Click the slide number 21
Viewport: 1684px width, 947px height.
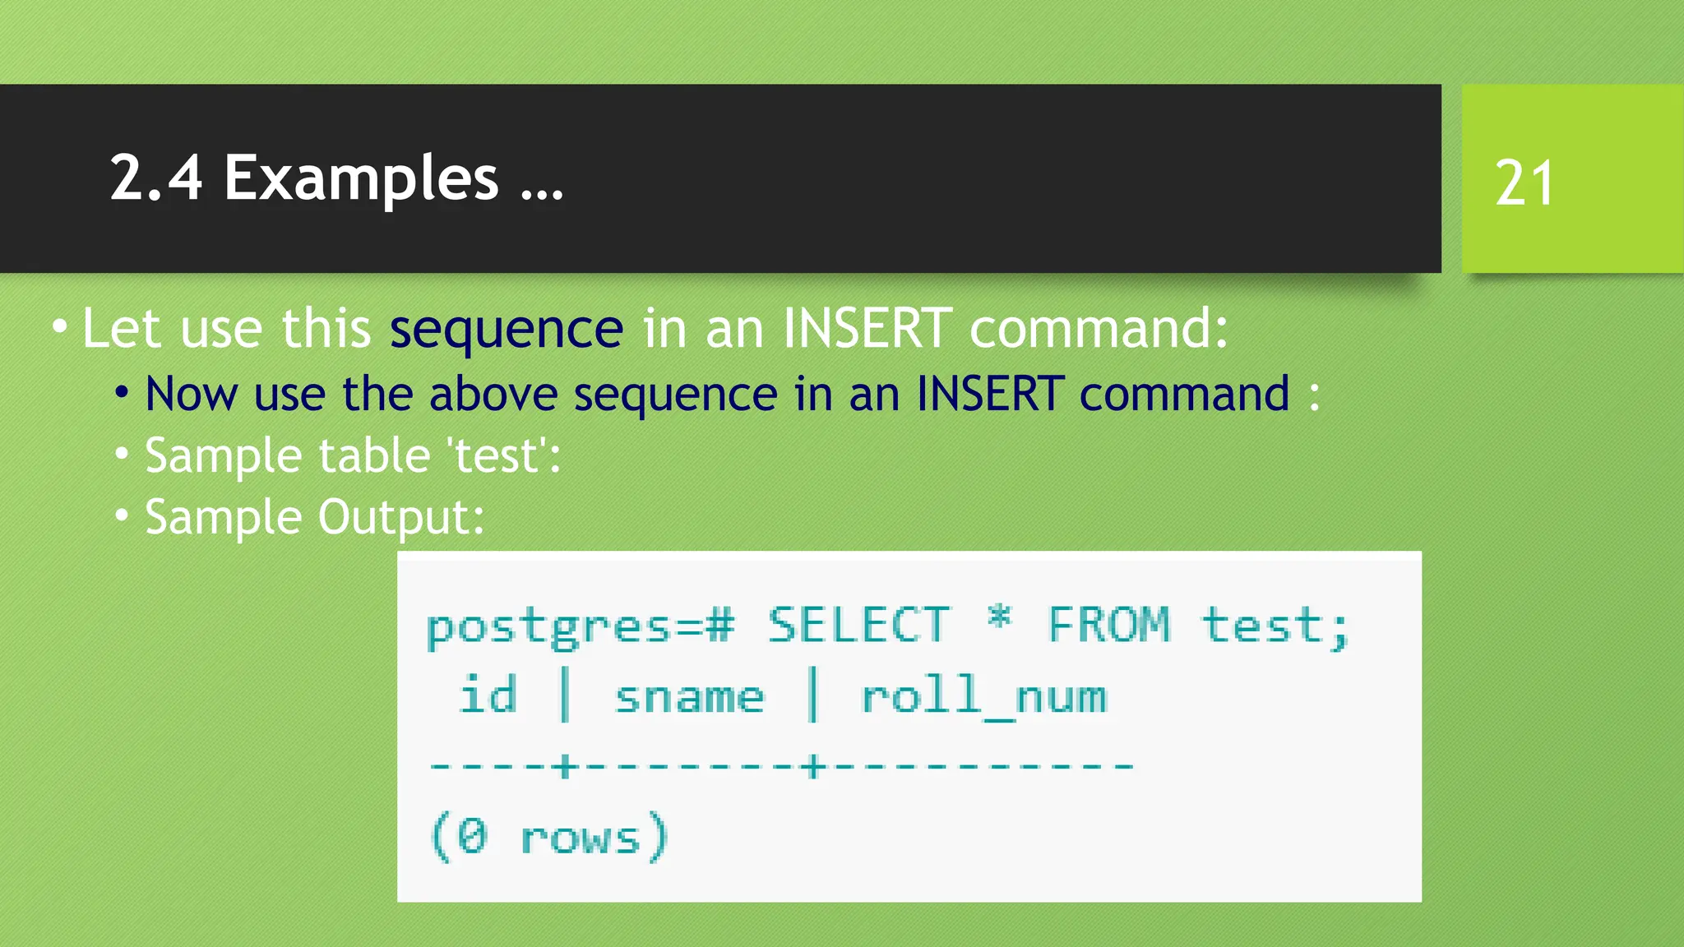pos(1524,182)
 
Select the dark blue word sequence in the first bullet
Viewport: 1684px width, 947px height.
pos(506,330)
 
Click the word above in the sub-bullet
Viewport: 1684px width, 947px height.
pos(493,394)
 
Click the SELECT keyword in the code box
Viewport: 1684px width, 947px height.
pos(858,626)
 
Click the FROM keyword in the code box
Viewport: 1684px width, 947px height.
pos(1108,626)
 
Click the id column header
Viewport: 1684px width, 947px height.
pos(488,695)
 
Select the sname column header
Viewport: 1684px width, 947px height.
pos(689,698)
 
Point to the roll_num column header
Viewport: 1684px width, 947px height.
pos(983,698)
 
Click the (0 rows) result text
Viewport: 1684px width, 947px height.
pos(548,838)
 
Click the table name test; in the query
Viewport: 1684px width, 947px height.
pos(1275,626)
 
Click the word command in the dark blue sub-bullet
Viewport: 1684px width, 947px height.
pos(1184,394)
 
